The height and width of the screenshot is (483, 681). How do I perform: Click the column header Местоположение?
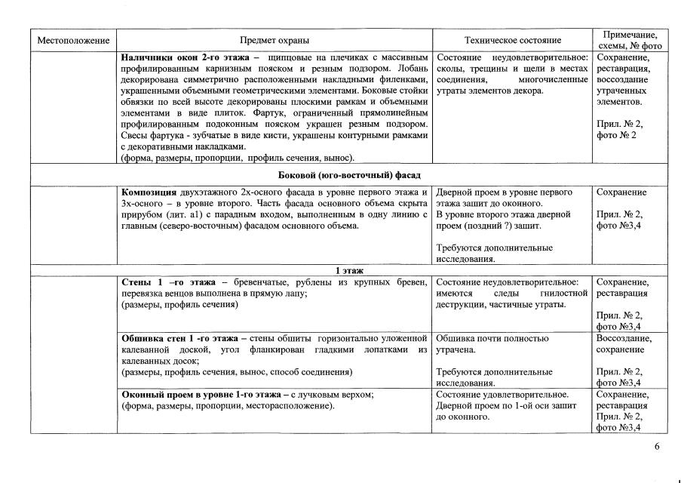74,40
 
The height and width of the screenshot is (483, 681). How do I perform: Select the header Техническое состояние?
513,40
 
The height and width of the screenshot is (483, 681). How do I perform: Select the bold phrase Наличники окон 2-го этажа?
186,57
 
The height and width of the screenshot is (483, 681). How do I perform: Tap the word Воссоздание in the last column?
624,338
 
